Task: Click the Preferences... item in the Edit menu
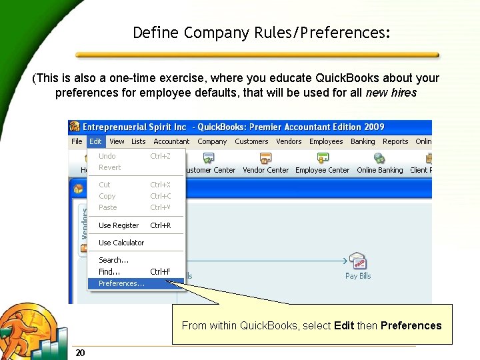[121, 283]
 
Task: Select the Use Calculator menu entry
[121, 243]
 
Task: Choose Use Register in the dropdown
[119, 225]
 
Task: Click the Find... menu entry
[109, 272]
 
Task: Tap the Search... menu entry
[113, 260]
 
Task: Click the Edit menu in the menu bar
[95, 141]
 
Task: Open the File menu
[77, 141]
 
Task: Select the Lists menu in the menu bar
[138, 141]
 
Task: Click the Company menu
[212, 141]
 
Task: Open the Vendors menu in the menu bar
[289, 141]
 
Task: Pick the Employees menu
[326, 141]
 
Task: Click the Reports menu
[395, 141]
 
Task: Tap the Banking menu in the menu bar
[363, 141]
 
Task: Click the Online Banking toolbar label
[379, 170]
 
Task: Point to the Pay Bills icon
[358, 261]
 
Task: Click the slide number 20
[80, 353]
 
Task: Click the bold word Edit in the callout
[344, 325]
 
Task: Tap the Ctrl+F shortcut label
[160, 272]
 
